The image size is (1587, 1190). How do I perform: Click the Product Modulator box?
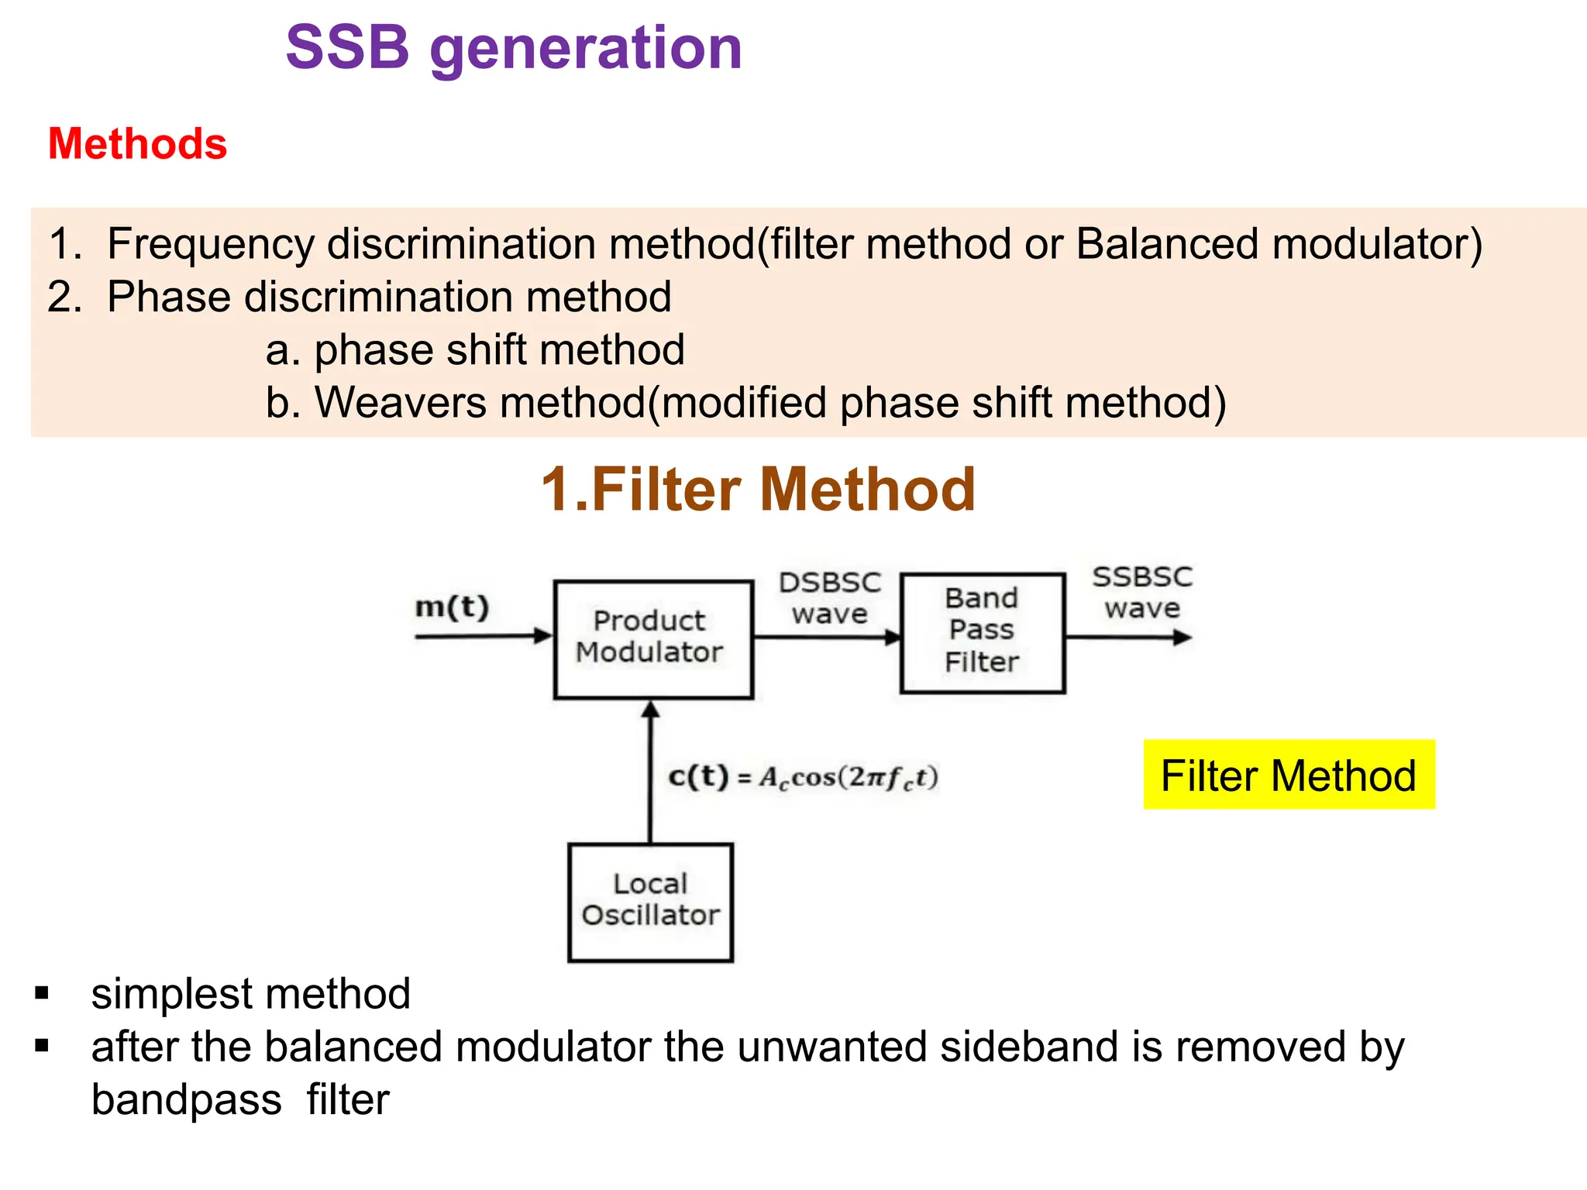click(x=653, y=639)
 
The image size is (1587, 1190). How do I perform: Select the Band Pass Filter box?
click(x=982, y=632)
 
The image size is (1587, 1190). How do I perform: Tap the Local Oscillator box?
click(x=650, y=902)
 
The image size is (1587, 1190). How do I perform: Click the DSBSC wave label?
click(x=830, y=598)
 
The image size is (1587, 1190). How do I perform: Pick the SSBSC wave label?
click(x=1142, y=593)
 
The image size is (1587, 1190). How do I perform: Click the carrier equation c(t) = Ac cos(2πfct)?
click(x=804, y=777)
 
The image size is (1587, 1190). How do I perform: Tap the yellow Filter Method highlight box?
click(x=1289, y=775)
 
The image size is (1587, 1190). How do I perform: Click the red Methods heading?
click(x=137, y=144)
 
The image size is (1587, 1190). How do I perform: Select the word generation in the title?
click(x=586, y=49)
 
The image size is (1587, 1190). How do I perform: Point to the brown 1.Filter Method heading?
click(x=758, y=490)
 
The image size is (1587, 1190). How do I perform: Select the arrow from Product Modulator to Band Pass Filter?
click(x=827, y=637)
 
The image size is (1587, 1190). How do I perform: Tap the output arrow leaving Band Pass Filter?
click(x=1127, y=638)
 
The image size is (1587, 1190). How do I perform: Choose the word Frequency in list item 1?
click(x=211, y=244)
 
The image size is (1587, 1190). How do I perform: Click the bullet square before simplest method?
click(x=42, y=993)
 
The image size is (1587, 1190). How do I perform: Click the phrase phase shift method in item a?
click(x=499, y=349)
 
